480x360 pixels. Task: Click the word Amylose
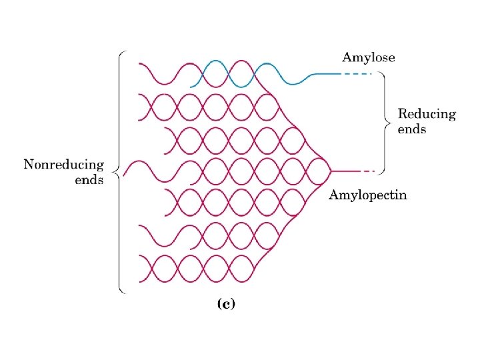point(368,58)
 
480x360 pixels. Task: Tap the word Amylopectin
point(368,195)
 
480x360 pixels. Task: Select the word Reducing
point(427,115)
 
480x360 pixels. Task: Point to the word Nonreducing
point(64,165)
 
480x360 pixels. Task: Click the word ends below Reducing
point(411,129)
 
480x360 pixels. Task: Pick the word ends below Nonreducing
point(89,180)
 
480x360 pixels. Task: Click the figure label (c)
point(226,304)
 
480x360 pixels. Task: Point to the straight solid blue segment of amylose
point(325,73)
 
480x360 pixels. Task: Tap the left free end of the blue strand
point(191,87)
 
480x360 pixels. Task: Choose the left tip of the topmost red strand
point(139,63)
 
